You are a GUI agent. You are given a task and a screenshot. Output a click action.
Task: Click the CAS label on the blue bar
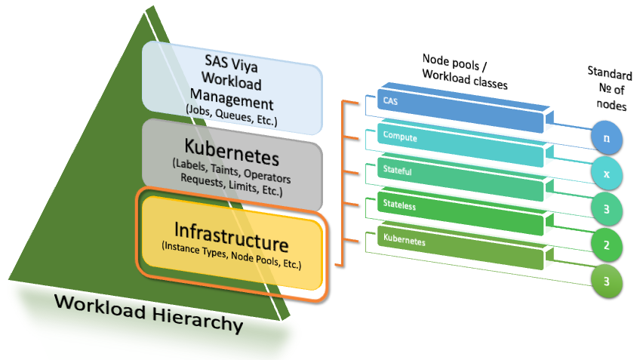(390, 100)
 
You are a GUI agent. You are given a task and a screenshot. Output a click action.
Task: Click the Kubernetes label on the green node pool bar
(405, 242)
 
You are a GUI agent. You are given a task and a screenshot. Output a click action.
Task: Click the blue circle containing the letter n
(607, 140)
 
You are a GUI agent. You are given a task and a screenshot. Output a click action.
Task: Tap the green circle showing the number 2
(607, 246)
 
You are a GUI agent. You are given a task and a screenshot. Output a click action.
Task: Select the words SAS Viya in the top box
(231, 61)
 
